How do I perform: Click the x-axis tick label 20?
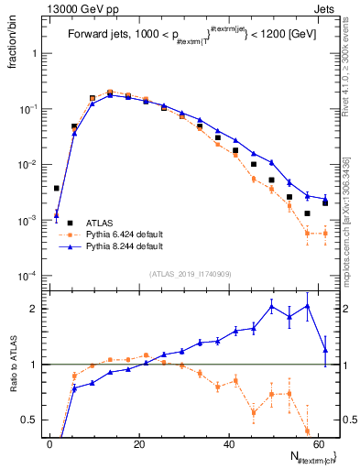138,442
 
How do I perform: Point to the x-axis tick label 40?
228,442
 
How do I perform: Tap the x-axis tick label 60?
317,442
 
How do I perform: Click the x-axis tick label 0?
49,442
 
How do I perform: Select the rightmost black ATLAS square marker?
325,202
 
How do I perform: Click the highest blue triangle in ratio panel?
307,306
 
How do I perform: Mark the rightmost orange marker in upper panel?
325,234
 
